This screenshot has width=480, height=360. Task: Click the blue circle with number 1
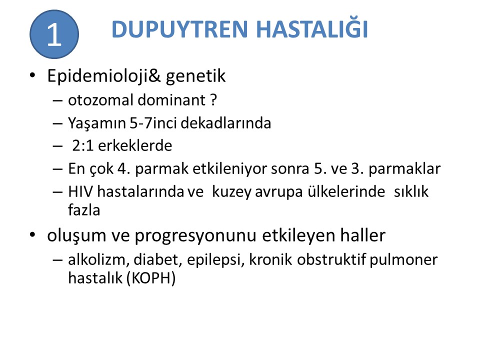pyautogui.click(x=54, y=34)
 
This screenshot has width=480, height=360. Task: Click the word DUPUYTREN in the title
pyautogui.click(x=179, y=29)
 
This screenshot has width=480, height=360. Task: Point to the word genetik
pyautogui.click(x=196, y=76)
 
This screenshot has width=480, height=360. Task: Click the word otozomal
pyautogui.click(x=100, y=100)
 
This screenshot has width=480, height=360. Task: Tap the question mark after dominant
pyautogui.click(x=213, y=100)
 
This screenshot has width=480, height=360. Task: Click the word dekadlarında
pyautogui.click(x=226, y=123)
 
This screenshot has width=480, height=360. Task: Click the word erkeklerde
pyautogui.click(x=135, y=145)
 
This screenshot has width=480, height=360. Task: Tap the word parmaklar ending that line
pyautogui.click(x=404, y=169)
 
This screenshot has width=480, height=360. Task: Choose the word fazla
pyautogui.click(x=84, y=210)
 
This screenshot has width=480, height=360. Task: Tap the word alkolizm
pyautogui.click(x=96, y=260)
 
